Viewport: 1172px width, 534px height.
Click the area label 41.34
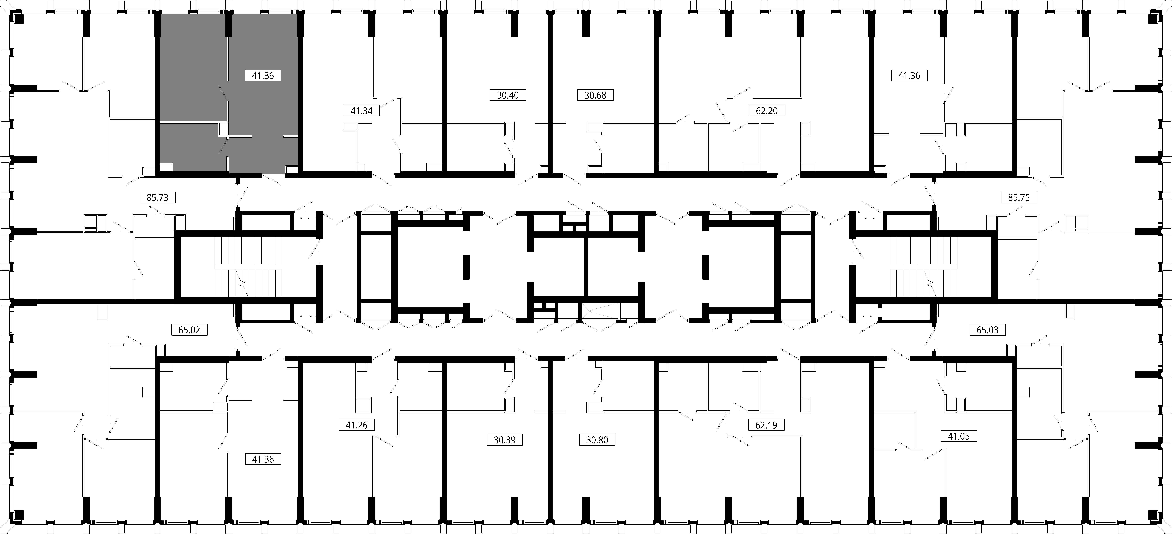362,111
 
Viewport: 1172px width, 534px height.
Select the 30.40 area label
508,95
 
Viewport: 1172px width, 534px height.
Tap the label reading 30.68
595,95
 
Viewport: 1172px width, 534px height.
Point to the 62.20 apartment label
767,111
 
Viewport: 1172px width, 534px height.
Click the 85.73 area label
157,198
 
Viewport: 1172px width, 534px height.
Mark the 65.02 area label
189,330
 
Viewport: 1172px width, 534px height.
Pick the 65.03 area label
987,330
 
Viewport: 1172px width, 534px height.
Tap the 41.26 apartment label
357,425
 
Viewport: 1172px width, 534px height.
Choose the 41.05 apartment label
959,436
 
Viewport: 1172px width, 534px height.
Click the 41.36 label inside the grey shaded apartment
263,76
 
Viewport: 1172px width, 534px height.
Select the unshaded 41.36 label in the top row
909,76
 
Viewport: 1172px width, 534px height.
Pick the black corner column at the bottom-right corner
1153,515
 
